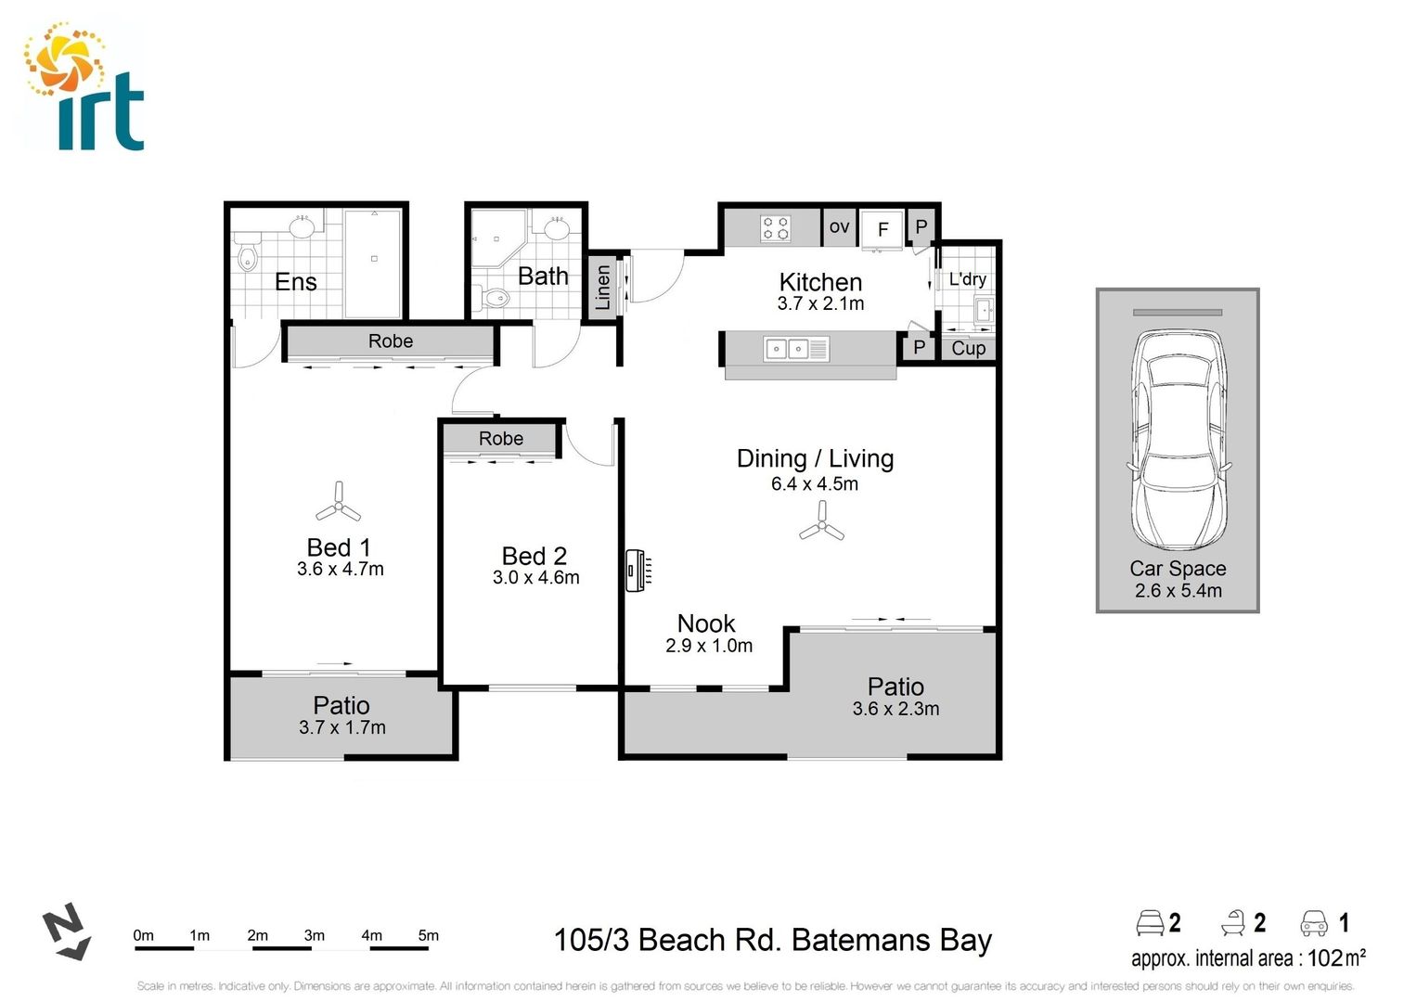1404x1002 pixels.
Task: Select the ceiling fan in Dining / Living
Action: tap(821, 524)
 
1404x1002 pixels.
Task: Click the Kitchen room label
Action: tap(820, 282)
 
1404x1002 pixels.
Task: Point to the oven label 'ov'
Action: tap(839, 226)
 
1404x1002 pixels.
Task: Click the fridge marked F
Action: tap(882, 229)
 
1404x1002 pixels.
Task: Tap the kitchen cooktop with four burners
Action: tap(776, 228)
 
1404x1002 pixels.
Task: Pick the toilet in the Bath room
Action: tap(496, 298)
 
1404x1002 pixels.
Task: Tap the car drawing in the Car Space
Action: tap(1178, 441)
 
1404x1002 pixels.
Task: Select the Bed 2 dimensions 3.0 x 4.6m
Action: tap(535, 578)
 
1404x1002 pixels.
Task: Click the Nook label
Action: tap(706, 623)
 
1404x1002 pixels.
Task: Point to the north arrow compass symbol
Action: tap(67, 932)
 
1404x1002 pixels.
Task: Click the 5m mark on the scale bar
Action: tap(428, 935)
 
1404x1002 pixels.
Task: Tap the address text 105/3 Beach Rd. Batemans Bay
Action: tap(772, 941)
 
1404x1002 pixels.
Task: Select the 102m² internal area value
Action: tap(1335, 957)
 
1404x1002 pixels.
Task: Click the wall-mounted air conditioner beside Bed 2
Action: tap(637, 571)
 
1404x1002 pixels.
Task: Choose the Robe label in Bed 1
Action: tap(390, 341)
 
